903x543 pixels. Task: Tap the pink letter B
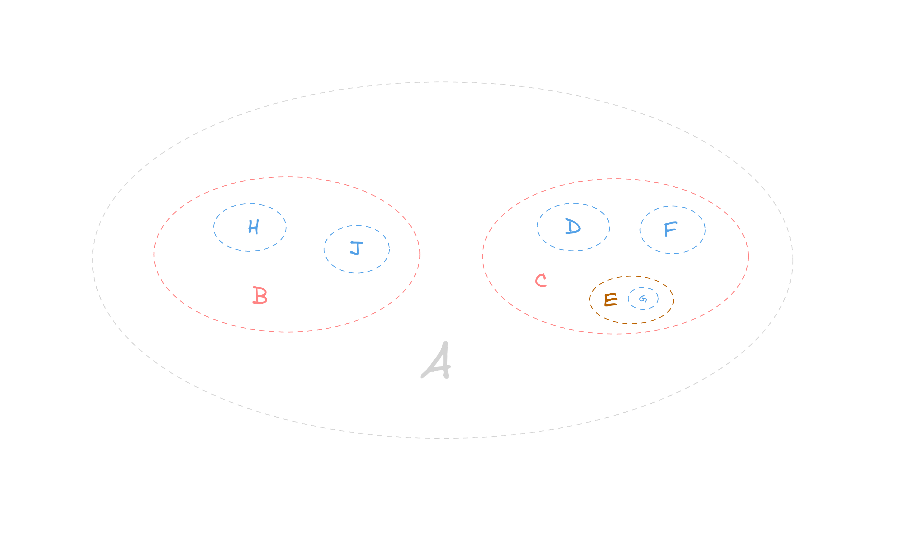point(260,296)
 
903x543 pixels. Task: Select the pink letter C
point(541,281)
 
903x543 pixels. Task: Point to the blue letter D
point(573,227)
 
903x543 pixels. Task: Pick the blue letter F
point(670,229)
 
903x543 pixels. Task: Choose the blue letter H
point(253,227)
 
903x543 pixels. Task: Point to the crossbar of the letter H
point(253,227)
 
